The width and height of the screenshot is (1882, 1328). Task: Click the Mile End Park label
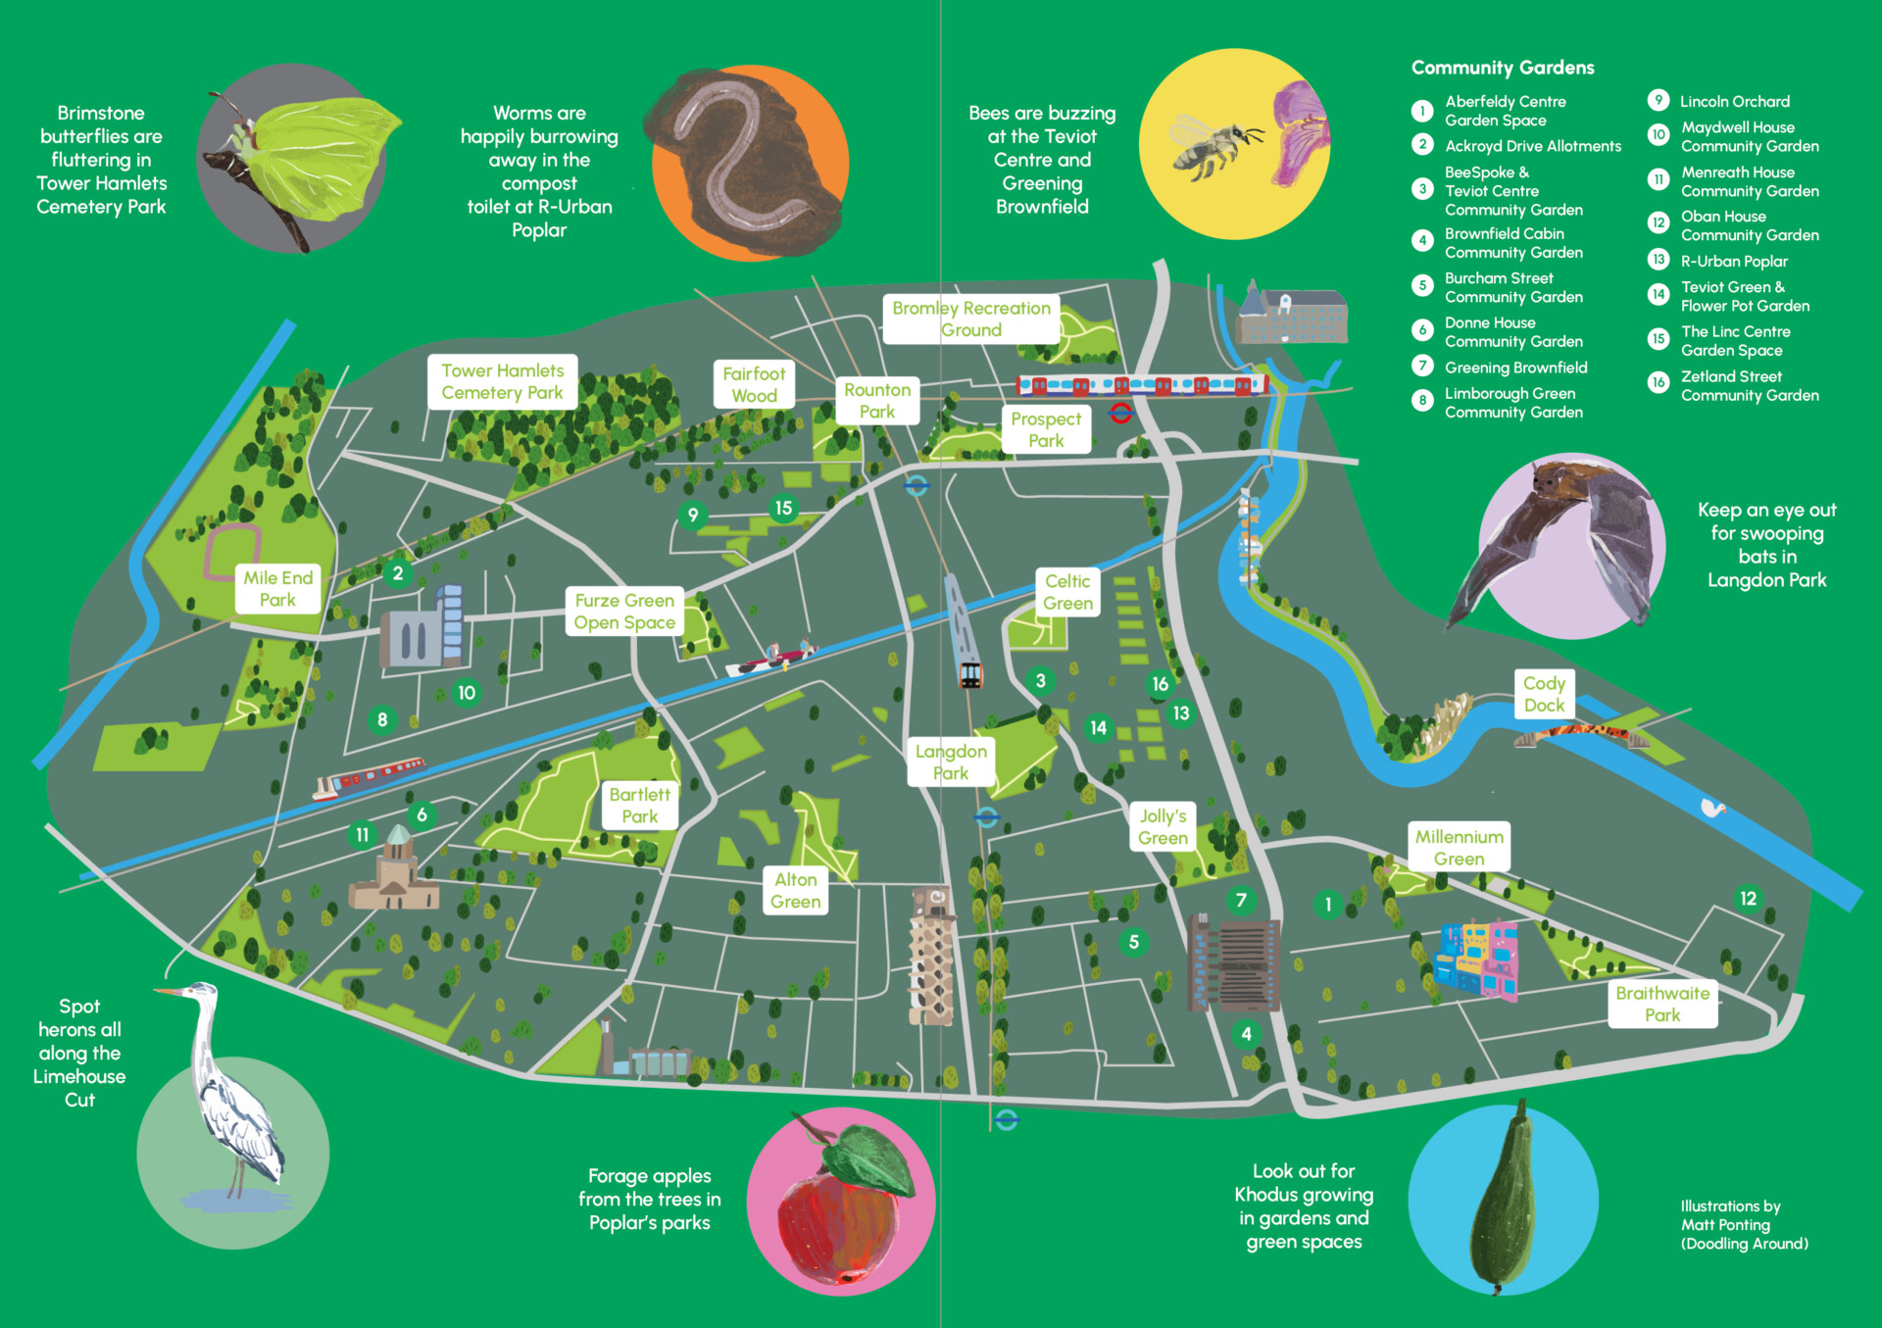277,589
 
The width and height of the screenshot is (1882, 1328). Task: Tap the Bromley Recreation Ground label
970,319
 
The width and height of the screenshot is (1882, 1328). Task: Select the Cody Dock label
1544,694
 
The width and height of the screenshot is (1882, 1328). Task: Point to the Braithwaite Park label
1662,1004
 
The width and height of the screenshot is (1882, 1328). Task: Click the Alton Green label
795,891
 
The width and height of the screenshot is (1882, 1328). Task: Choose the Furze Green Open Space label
624,612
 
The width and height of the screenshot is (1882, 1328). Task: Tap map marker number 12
1748,899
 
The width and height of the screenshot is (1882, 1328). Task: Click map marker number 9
693,515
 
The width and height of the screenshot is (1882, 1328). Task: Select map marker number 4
1246,1034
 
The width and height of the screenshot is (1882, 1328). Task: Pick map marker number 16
1161,684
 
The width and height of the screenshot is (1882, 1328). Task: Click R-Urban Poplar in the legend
1734,262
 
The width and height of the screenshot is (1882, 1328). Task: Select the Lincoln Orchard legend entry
1734,102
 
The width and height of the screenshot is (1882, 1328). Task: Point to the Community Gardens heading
1502,68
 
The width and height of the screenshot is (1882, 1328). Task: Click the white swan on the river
1712,809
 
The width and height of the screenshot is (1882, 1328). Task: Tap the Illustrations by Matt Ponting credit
1743,1225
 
